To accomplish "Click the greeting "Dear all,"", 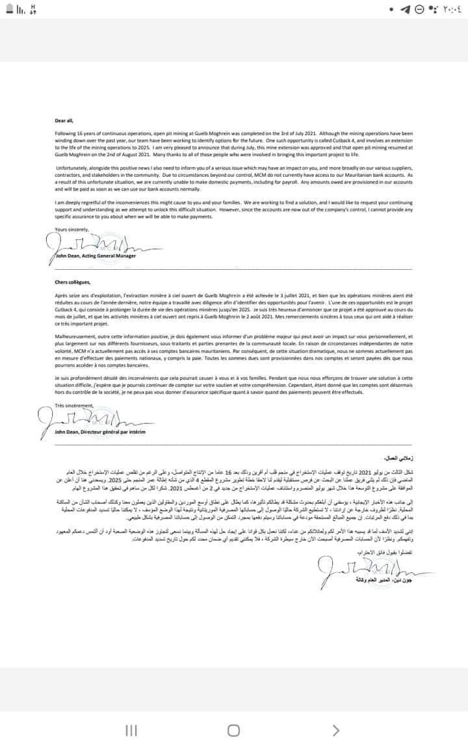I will [64, 120].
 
